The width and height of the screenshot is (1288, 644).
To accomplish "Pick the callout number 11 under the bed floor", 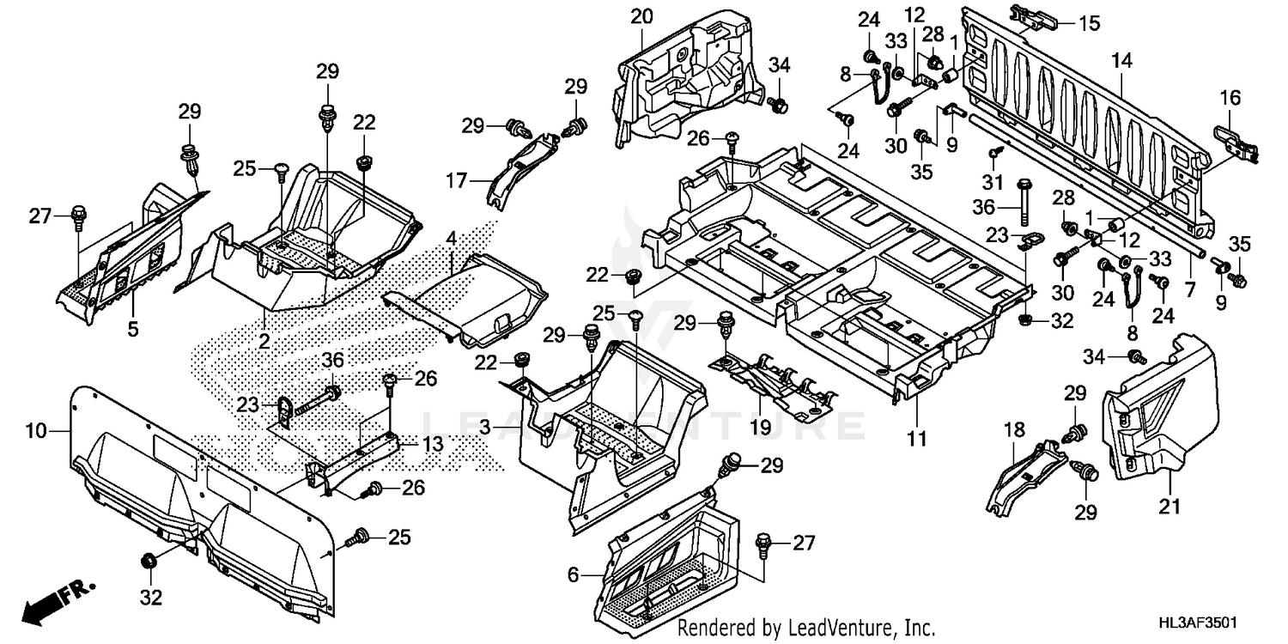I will point(918,439).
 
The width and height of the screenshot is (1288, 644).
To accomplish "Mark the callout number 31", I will point(993,181).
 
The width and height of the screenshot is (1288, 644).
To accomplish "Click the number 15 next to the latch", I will point(1089,23).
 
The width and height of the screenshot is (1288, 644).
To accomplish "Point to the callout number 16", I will point(1230,98).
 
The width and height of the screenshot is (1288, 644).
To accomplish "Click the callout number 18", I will point(1019,428).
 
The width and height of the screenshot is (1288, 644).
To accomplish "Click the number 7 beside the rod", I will point(1190,290).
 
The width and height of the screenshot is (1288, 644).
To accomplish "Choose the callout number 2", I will point(264,342).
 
